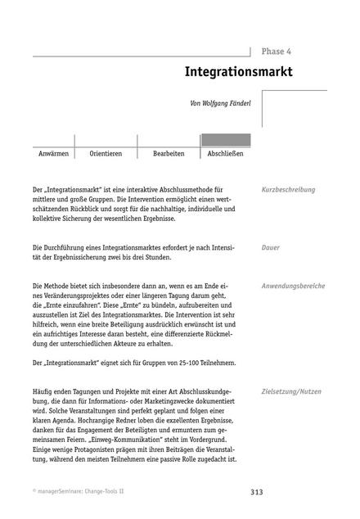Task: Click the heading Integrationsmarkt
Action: [238, 71]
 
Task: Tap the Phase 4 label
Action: [275, 51]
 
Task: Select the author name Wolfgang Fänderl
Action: [223, 104]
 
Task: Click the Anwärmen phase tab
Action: [53, 154]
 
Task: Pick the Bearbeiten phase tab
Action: [169, 154]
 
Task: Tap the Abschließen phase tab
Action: [226, 154]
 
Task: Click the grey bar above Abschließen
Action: [226, 140]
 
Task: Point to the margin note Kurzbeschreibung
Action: [288, 190]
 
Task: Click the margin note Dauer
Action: [271, 246]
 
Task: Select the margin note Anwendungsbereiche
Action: [293, 286]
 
